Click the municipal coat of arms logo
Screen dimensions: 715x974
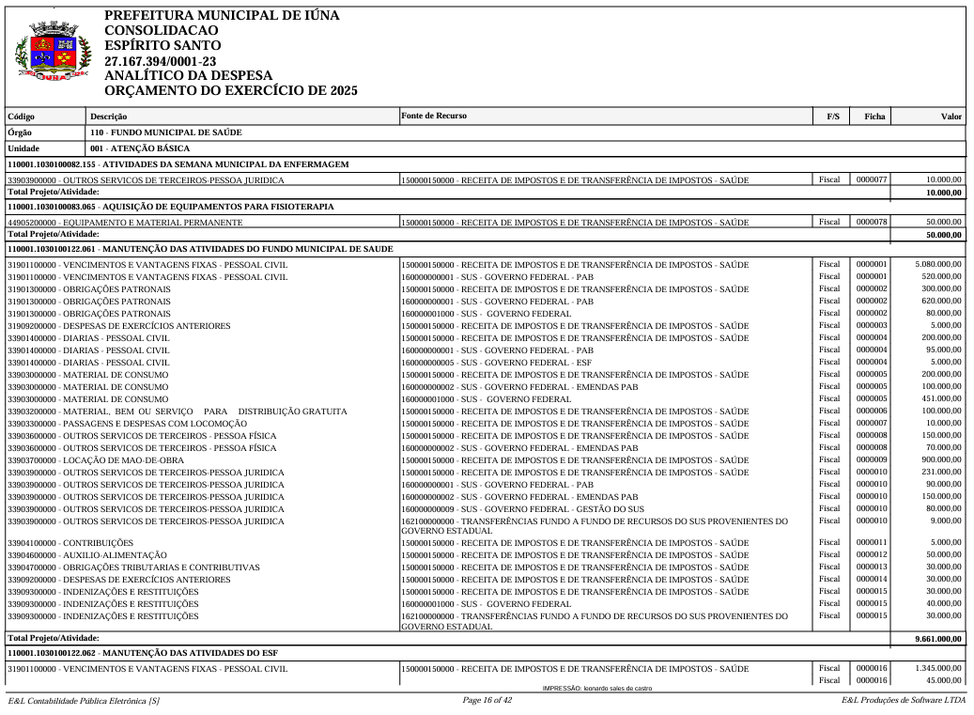tap(54, 53)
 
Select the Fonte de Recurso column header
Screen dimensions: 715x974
tap(433, 116)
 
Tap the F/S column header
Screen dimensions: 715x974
tap(832, 117)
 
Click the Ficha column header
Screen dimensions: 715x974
tap(874, 117)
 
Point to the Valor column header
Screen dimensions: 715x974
tap(951, 117)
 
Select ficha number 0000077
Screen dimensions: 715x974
tap(871, 179)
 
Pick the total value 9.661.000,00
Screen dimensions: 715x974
tap(938, 639)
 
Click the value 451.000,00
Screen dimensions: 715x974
tap(939, 399)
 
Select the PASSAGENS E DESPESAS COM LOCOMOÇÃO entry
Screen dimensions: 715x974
tap(127, 424)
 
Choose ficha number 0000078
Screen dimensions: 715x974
tap(871, 222)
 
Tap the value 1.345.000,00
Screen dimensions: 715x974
tap(937, 668)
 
